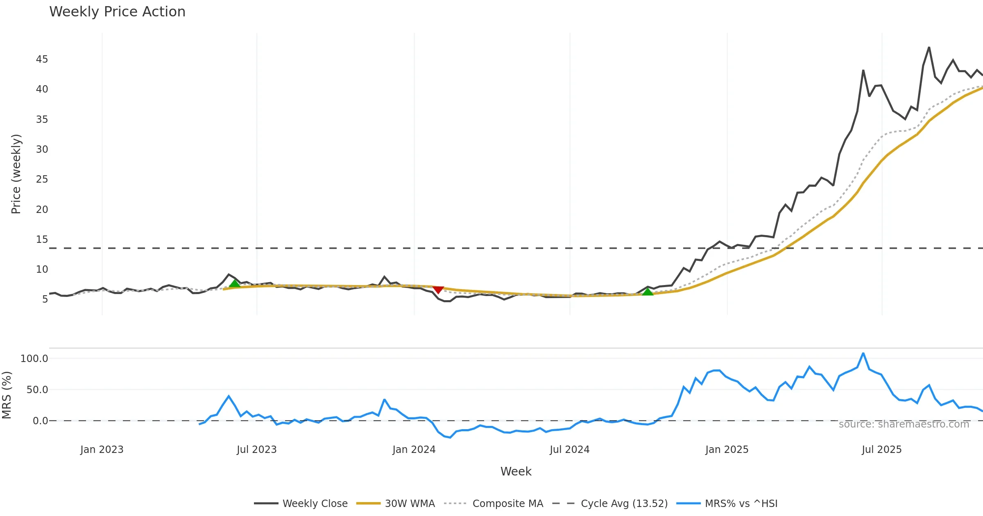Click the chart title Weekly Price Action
tap(117, 12)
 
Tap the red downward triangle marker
tap(438, 290)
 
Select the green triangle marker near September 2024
tap(648, 292)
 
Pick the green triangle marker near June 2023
tap(235, 283)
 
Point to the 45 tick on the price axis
tap(42, 59)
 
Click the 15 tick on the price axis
tap(42, 239)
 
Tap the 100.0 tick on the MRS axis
tap(34, 359)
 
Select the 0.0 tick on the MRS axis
tap(40, 421)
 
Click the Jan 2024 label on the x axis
tap(414, 450)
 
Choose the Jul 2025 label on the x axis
tap(881, 450)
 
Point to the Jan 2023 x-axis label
tap(102, 450)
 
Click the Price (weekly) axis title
tap(16, 174)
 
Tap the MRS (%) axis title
tap(7, 395)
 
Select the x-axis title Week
tap(516, 472)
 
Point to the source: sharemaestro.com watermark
tap(904, 424)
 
